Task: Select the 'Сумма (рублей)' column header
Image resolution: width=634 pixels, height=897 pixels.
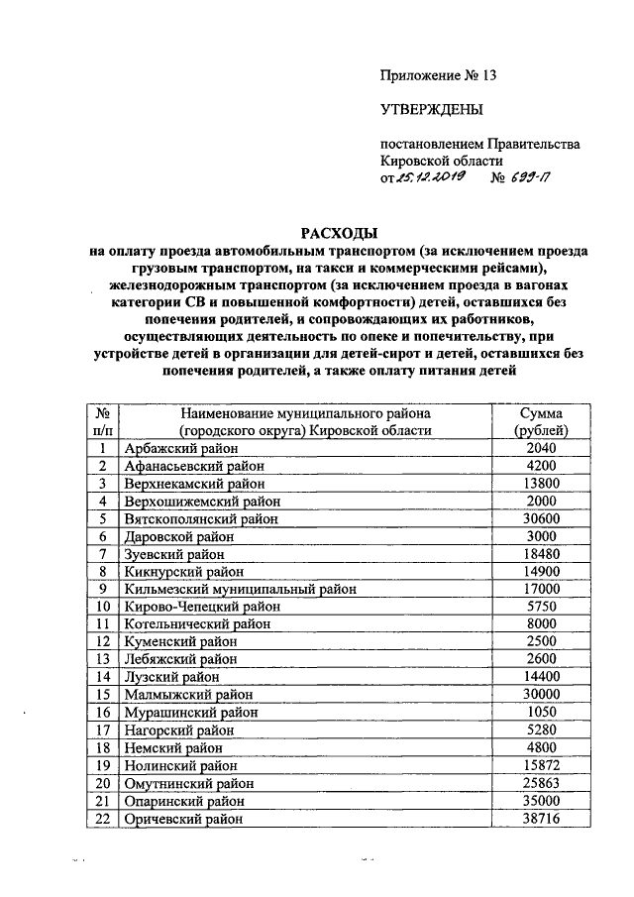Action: pyautogui.click(x=541, y=421)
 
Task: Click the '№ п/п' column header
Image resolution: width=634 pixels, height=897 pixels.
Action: pyautogui.click(x=102, y=421)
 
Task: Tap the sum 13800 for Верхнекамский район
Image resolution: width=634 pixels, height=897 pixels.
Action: pyautogui.click(x=541, y=483)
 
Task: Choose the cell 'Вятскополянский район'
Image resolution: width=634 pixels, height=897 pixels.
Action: pyautogui.click(x=201, y=517)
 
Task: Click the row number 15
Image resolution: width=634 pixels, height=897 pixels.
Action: pyautogui.click(x=102, y=694)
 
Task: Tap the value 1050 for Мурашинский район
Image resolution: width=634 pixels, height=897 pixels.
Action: pyautogui.click(x=541, y=712)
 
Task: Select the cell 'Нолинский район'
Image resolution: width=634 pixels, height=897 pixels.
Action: pyautogui.click(x=181, y=765)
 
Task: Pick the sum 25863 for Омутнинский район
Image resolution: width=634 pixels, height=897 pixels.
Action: pyautogui.click(x=541, y=783)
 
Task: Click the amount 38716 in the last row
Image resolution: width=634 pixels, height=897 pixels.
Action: pyautogui.click(x=541, y=819)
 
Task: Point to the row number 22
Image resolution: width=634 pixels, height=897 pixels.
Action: pyautogui.click(x=102, y=819)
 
